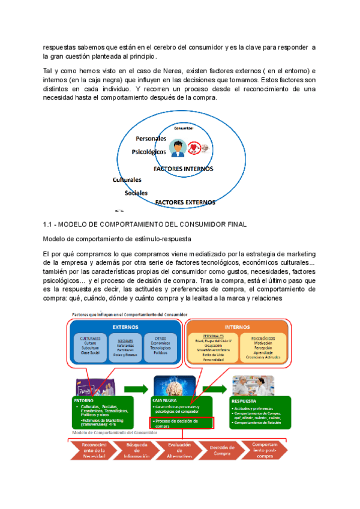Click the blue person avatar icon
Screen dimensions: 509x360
(176, 148)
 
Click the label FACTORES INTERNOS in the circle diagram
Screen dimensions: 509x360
(183, 169)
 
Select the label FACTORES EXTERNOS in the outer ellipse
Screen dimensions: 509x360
(185, 202)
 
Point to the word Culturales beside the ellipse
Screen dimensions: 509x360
(127, 179)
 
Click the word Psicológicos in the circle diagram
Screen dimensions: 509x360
(149, 152)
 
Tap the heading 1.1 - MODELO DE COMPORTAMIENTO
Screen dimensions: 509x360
(145, 224)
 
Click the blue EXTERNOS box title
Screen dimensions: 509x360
(125, 327)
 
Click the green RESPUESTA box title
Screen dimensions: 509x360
(244, 382)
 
